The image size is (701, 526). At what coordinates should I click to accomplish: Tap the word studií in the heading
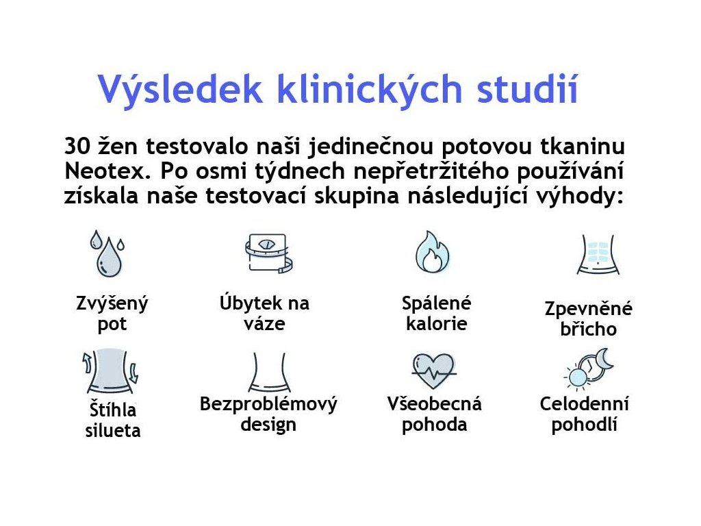pos(528,88)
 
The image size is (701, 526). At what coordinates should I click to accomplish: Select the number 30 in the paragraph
pos(77,147)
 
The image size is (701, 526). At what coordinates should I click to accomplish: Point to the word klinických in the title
pos(369,90)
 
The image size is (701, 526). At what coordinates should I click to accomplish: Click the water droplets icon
pos(107,253)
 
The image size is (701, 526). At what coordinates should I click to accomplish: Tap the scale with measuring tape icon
pos(269,253)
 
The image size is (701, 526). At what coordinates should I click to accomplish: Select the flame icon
pos(432,252)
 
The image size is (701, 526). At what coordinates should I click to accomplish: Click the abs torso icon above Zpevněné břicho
pos(598,254)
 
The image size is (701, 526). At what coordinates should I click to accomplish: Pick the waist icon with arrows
pos(110,371)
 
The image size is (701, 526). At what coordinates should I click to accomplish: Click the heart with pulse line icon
pos(433,371)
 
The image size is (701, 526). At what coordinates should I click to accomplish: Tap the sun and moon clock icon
pos(589,368)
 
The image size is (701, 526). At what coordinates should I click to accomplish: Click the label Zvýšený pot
pos(112,314)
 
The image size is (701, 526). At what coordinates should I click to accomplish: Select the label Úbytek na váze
pos(265,313)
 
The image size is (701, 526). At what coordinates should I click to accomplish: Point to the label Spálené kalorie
pos(436,313)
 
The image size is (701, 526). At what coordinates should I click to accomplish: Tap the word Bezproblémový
pos(268,404)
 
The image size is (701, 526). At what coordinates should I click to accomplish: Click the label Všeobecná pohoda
pos(435,414)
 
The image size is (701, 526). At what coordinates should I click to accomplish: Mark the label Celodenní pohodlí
pos(585,414)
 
